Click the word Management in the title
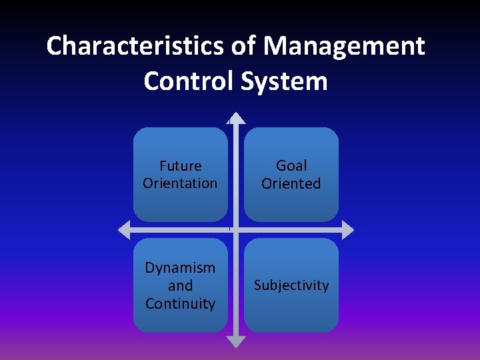pyautogui.click(x=344, y=46)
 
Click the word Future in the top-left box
pyautogui.click(x=180, y=165)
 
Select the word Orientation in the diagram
pyautogui.click(x=180, y=183)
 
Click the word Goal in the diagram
pyautogui.click(x=291, y=165)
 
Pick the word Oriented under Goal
pyautogui.click(x=291, y=183)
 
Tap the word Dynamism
pyautogui.click(x=180, y=268)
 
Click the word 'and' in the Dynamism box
pyautogui.click(x=180, y=286)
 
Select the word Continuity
pyautogui.click(x=180, y=304)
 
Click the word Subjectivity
pyautogui.click(x=291, y=285)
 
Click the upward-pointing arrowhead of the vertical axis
pyautogui.click(x=236, y=119)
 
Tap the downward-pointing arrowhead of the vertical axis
pyautogui.click(x=236, y=341)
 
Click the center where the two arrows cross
pyautogui.click(x=236, y=230)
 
